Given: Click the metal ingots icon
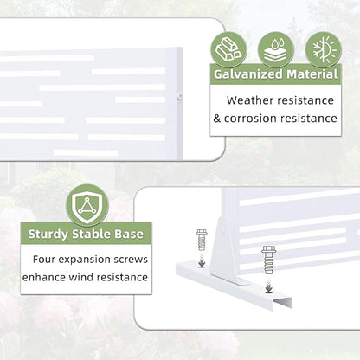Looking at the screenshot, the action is [228, 50].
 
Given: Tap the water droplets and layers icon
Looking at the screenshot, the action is [276, 50].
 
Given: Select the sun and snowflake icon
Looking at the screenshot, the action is [324, 50].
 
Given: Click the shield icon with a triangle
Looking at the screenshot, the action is [87, 205].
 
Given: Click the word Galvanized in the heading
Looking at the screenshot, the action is [248, 74].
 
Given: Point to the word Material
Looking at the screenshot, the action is [312, 74].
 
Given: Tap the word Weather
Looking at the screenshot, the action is [250, 100].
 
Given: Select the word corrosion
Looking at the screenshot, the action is [250, 119].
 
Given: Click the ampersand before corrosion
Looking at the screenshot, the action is [217, 119].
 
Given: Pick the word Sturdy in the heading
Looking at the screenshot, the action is [48, 235].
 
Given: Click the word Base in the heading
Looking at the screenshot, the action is [129, 234].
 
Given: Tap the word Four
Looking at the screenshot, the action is [44, 259].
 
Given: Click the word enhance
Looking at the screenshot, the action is [44, 277].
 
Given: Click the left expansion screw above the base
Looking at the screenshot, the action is [202, 240].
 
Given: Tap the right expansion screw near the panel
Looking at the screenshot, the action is [269, 260].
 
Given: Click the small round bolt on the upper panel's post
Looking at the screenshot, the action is [179, 96].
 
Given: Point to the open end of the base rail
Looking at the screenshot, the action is [282, 304].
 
